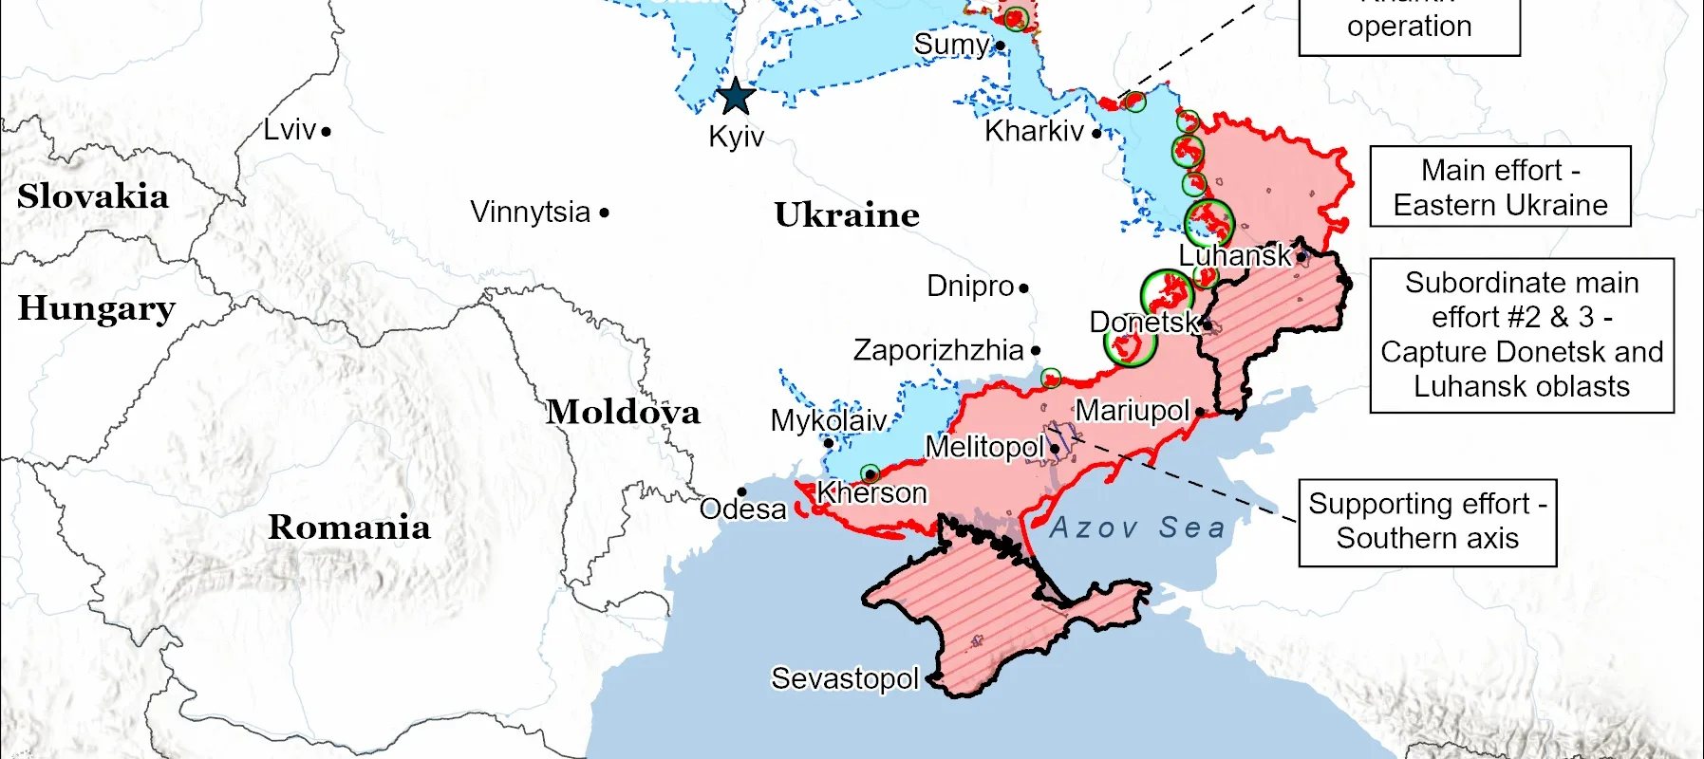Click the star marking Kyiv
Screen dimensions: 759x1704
point(735,97)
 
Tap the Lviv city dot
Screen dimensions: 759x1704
point(326,132)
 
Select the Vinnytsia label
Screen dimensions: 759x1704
point(530,213)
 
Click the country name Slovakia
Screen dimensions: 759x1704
point(93,196)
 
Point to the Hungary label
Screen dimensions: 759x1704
point(97,309)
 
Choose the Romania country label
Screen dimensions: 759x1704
point(348,528)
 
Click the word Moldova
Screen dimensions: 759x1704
point(623,412)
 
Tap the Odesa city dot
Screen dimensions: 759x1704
point(741,491)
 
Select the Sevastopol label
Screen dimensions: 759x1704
point(844,678)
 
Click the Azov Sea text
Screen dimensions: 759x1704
point(1136,528)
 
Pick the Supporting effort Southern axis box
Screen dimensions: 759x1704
point(1427,522)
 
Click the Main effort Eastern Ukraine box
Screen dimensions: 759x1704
point(1500,187)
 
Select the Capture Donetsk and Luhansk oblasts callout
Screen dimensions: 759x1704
point(1521,335)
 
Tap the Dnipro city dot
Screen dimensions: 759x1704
point(1023,287)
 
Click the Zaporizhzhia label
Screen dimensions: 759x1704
point(938,350)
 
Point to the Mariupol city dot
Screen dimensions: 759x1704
point(1200,412)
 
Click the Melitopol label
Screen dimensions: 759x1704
point(984,447)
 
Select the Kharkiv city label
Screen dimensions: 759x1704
point(1034,131)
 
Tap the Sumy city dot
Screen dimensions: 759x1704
point(1000,46)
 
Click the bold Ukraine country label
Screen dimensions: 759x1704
point(846,214)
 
